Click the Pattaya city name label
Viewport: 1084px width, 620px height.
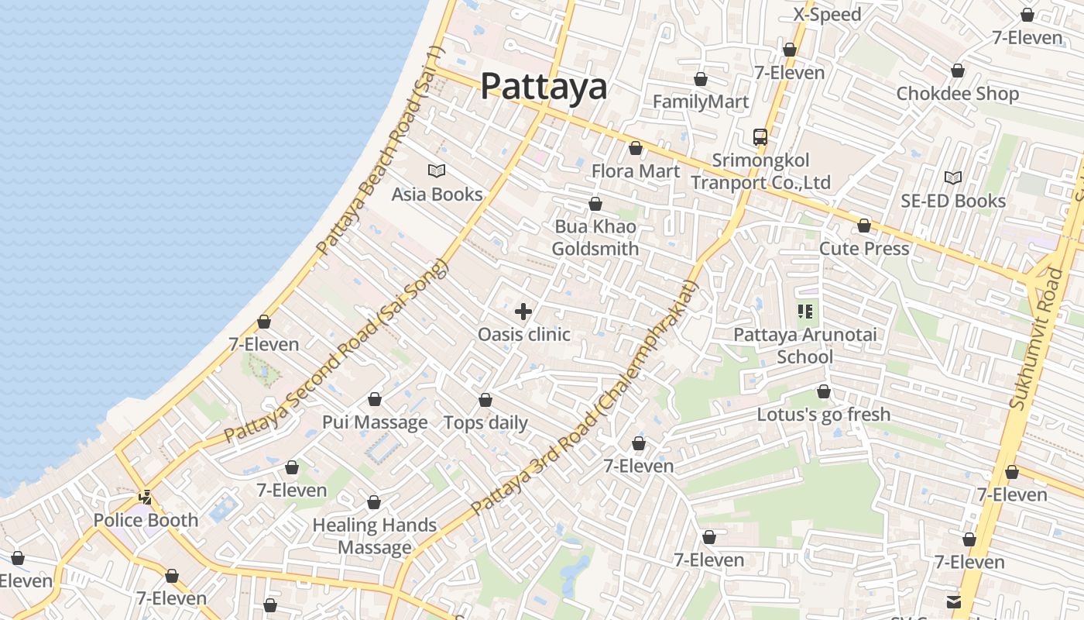544,86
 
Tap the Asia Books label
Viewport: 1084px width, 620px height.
437,195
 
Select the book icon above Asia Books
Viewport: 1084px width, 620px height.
437,170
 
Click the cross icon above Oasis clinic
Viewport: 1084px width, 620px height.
523,312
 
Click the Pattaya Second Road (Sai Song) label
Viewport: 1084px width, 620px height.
336,353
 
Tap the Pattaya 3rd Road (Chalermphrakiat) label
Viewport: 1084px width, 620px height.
585,398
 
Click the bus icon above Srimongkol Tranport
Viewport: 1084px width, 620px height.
760,137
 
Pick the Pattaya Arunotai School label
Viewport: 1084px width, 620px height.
805,346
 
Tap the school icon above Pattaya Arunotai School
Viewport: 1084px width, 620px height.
805,312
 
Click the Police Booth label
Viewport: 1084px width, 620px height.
146,520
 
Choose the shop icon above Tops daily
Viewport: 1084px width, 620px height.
485,400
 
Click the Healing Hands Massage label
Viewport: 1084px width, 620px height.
375,536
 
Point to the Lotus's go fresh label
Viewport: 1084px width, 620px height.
824,415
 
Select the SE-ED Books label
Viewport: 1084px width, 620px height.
953,201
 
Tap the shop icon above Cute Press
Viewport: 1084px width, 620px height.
864,226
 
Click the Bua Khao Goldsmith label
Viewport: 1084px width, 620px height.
595,238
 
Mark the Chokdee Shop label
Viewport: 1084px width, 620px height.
958,94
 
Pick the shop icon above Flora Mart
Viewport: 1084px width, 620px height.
636,148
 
